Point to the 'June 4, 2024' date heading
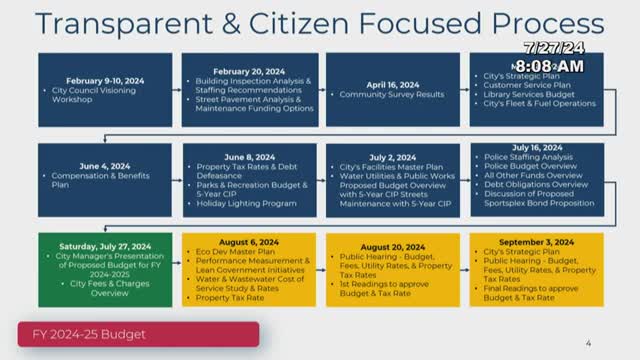[x=106, y=166]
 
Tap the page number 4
[x=589, y=341]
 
